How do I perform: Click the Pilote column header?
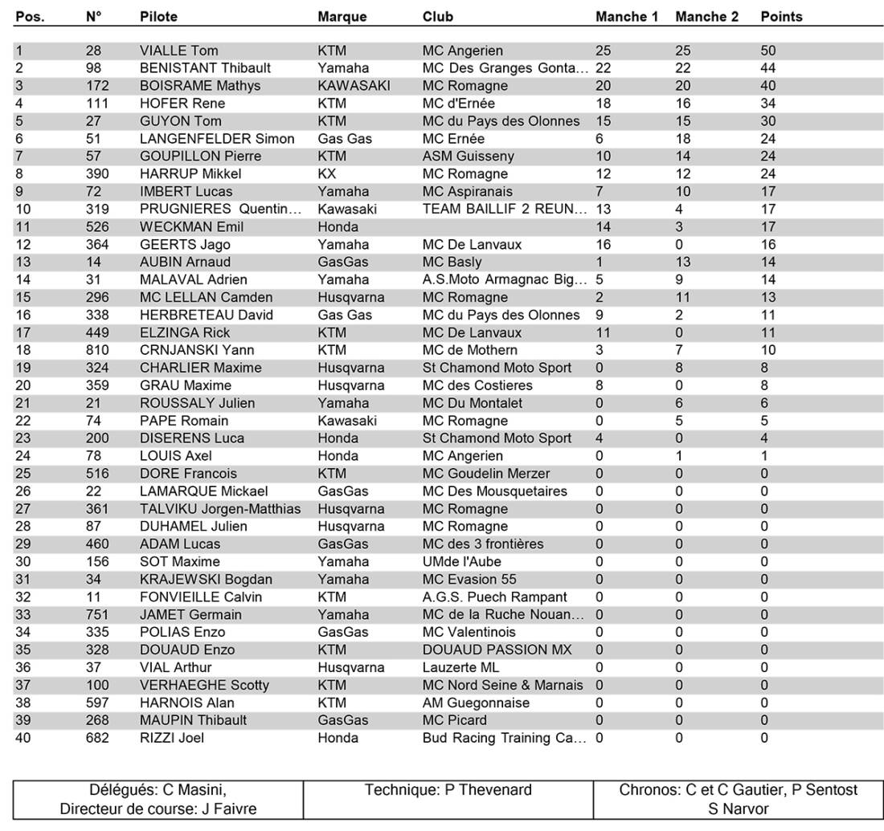[x=158, y=16]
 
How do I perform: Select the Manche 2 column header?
[x=706, y=16]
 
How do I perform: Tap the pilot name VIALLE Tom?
[x=178, y=51]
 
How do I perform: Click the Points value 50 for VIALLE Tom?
[x=768, y=51]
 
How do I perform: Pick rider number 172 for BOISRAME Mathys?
[x=97, y=86]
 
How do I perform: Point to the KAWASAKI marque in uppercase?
[x=354, y=86]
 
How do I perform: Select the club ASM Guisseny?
[x=468, y=157]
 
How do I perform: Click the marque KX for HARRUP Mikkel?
[x=326, y=174]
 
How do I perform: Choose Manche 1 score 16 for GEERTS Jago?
[x=603, y=245]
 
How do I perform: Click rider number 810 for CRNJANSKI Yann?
[x=97, y=350]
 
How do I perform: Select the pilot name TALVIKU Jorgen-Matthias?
[x=220, y=509]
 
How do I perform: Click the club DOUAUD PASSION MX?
[x=497, y=650]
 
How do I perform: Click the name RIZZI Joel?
[x=171, y=738]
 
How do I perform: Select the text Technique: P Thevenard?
[x=448, y=790]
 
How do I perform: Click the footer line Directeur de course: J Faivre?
[x=158, y=809]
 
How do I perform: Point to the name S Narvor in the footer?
[x=738, y=809]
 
